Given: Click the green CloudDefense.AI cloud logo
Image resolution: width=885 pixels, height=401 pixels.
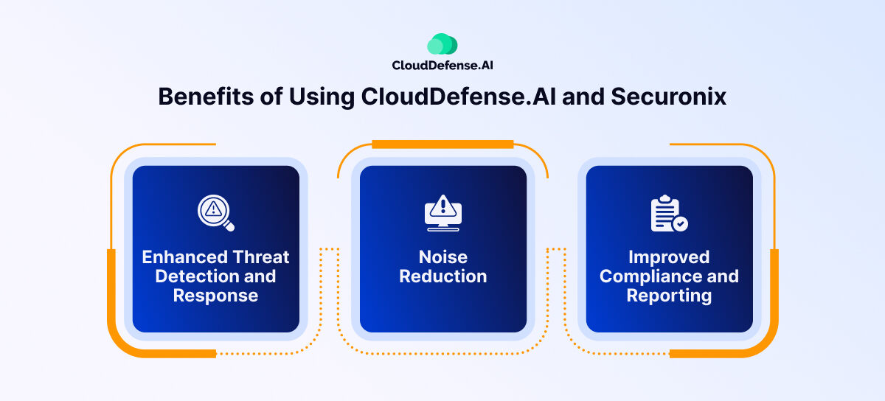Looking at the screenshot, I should click(442, 45).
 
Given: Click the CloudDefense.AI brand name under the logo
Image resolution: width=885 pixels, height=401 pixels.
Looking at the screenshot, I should click(442, 66).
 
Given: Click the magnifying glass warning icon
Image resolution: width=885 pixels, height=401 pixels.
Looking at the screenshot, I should click(215, 213).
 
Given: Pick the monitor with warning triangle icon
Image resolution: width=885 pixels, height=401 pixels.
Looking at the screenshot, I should click(443, 212).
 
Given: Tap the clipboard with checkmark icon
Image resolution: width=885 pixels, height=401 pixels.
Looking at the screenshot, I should click(668, 214).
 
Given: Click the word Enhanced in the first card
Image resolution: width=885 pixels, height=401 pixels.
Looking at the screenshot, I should click(184, 257).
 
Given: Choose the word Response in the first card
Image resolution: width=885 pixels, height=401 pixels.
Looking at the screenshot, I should click(215, 296).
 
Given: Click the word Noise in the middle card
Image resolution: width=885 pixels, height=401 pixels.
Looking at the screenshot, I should click(443, 257).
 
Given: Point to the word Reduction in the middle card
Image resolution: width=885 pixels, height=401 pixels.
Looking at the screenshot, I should click(443, 276).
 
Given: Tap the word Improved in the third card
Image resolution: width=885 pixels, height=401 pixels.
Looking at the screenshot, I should click(669, 257).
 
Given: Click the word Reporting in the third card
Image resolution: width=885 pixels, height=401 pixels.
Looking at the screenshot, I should click(669, 296).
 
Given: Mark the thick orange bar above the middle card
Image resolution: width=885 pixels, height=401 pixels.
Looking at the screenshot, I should click(442, 144).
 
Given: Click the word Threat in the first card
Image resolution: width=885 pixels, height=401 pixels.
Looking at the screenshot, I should click(261, 257).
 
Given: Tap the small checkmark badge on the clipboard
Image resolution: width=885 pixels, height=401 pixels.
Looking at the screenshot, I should click(680, 223).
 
